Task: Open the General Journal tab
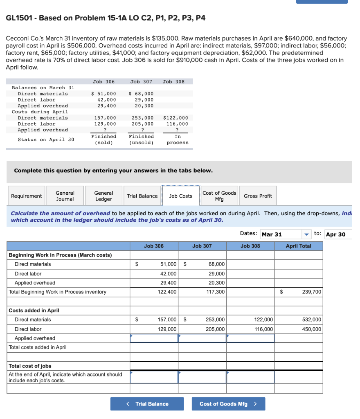click(65, 196)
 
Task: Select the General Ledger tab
click(103, 196)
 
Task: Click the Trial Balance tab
click(142, 196)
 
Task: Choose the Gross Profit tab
click(258, 196)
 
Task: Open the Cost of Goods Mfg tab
click(219, 196)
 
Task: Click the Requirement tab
click(27, 196)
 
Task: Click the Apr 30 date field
click(337, 234)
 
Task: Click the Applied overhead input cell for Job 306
click(154, 338)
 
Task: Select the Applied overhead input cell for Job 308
click(250, 338)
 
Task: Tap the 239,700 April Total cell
click(299, 292)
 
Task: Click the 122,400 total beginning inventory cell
click(154, 292)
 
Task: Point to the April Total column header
click(298, 246)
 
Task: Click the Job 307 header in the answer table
click(202, 246)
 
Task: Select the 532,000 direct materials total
click(299, 320)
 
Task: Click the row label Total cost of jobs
click(30, 366)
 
